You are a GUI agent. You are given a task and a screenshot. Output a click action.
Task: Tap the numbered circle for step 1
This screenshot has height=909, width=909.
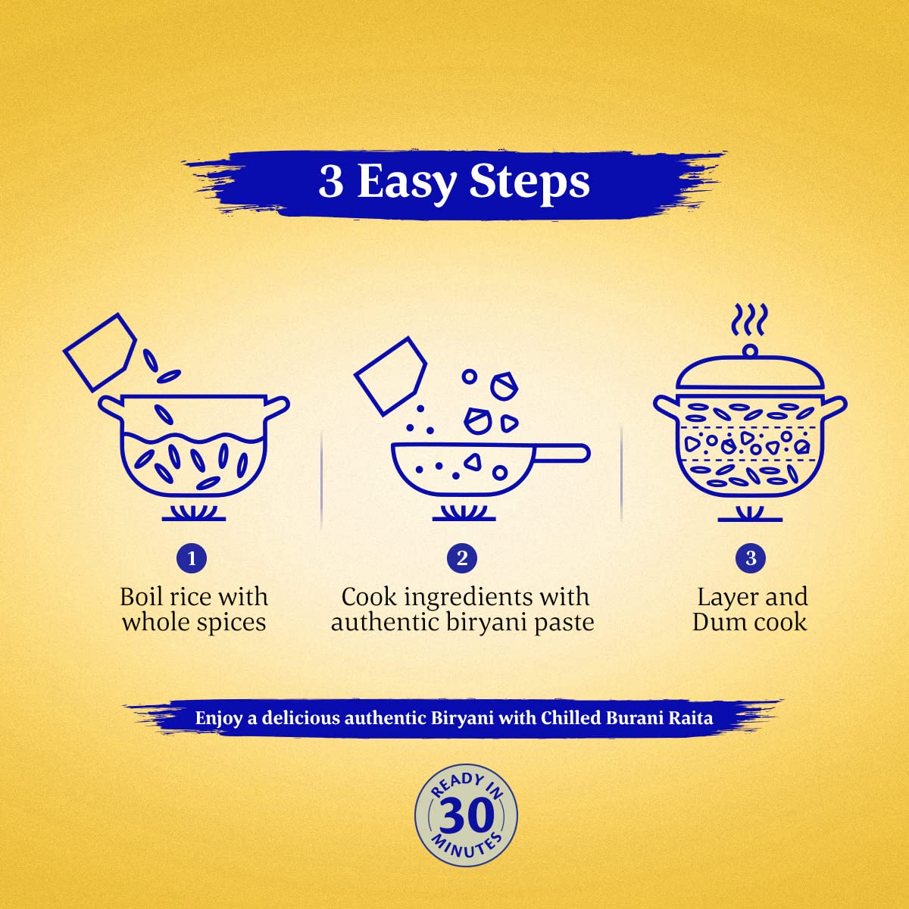click(192, 558)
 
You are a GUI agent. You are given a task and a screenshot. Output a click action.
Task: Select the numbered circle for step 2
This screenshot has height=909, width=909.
click(462, 558)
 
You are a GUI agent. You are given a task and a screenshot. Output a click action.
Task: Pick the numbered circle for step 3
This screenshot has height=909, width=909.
click(751, 558)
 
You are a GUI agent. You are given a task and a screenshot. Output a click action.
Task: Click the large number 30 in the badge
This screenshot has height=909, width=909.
click(466, 816)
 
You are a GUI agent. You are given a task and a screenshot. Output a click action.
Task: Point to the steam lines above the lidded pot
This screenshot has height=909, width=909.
click(750, 320)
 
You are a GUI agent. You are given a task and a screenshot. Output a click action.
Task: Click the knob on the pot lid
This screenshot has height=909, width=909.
click(750, 351)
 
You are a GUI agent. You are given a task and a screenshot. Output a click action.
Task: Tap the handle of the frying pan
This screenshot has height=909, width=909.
click(561, 453)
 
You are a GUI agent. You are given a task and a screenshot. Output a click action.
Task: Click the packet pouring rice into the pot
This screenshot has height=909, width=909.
click(100, 352)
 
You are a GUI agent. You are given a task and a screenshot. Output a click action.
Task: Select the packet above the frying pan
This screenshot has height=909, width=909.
click(391, 376)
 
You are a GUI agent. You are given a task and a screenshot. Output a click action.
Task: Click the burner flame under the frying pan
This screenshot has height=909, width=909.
click(464, 513)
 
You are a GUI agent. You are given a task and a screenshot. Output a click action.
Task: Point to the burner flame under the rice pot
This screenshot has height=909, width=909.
click(194, 513)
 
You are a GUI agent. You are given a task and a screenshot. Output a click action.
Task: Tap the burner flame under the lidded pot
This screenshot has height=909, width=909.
click(750, 514)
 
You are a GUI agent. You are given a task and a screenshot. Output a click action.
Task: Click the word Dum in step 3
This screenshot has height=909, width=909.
click(717, 623)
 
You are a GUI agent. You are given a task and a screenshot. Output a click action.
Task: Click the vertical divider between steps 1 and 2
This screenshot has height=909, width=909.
click(321, 478)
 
